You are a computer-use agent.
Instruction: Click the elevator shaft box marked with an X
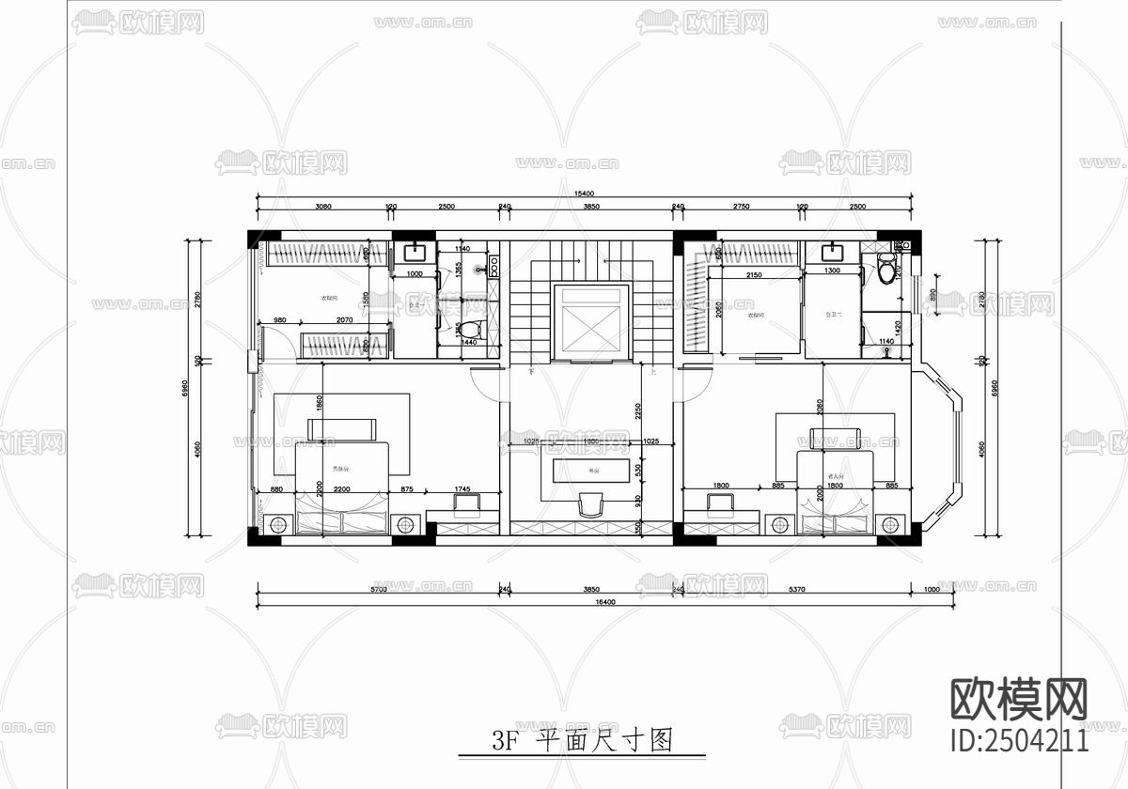589,322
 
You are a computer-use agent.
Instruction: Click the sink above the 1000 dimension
414,252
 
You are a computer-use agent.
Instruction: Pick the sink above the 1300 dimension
831,252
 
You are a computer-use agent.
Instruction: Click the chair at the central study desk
589,505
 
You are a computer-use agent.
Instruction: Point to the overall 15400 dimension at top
585,193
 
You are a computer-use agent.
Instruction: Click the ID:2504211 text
1020,739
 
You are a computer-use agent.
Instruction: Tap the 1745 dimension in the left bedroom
462,488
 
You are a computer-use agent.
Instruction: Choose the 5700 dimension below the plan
378,590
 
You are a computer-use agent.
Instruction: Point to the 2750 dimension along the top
741,206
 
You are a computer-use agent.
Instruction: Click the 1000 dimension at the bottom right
932,590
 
